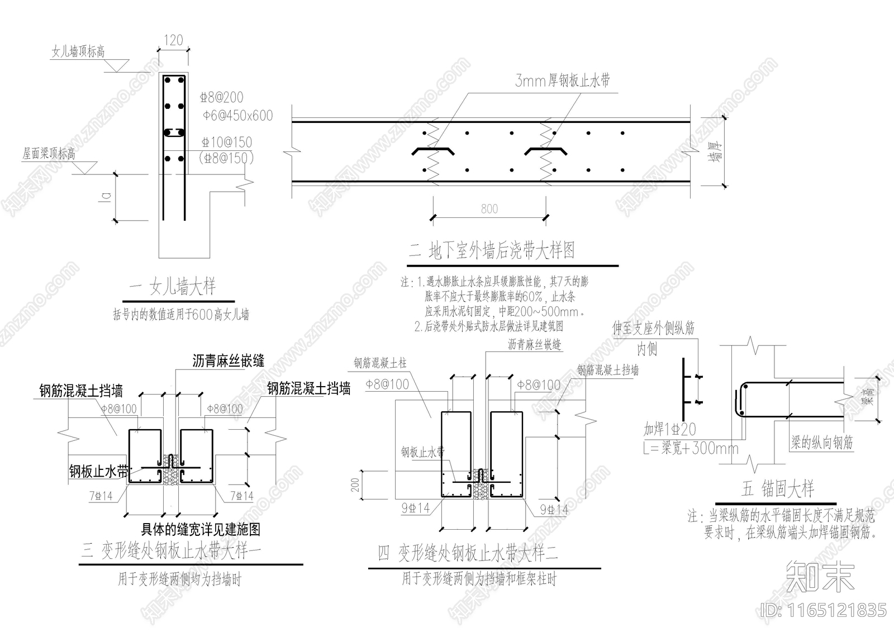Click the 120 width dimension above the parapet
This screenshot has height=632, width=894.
tap(173, 40)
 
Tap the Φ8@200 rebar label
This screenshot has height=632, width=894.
tap(222, 97)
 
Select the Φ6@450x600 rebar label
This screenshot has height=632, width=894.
tap(237, 116)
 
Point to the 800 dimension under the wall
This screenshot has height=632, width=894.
tap(489, 209)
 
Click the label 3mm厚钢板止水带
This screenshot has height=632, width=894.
tap(562, 80)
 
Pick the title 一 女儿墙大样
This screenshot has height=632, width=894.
tap(172, 287)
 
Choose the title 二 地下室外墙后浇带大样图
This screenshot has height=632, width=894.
tap(492, 250)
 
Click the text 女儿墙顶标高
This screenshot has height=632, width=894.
tap(78, 52)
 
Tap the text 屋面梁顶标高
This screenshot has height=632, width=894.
tap(49, 153)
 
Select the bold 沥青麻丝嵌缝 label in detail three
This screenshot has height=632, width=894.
tap(229, 361)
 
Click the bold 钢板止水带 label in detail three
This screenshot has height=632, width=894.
tap(99, 471)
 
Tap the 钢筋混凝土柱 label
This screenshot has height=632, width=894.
tap(380, 363)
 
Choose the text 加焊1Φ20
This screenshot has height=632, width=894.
tap(669, 429)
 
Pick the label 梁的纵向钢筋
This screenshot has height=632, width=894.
tap(822, 443)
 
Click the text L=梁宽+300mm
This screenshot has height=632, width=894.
tap(691, 448)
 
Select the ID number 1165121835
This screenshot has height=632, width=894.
tap(824, 610)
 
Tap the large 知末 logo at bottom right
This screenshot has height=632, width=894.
tap(820, 576)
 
